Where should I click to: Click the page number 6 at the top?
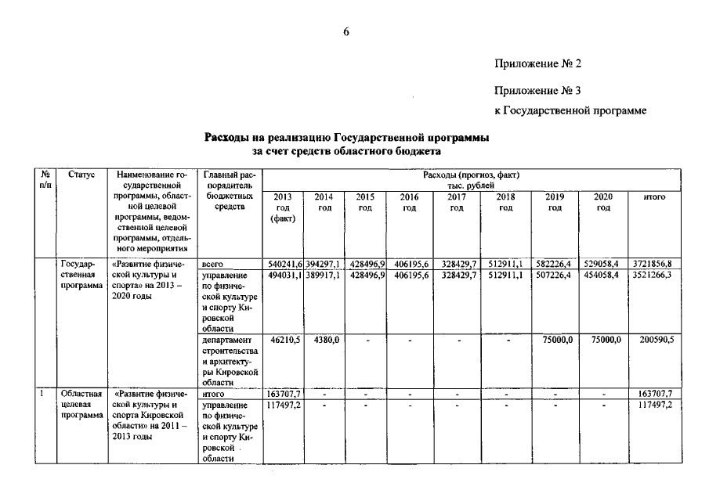(346, 31)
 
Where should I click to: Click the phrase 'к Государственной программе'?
(570, 111)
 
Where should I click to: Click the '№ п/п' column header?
(46, 179)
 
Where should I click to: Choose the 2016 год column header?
(409, 202)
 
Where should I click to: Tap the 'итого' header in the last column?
(654, 197)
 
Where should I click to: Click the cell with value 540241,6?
(284, 264)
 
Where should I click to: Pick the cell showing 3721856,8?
(653, 264)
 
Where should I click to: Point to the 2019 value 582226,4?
(555, 264)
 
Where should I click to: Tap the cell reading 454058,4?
(603, 276)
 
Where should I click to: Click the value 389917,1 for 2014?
(323, 276)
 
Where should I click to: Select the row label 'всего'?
(214, 264)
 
